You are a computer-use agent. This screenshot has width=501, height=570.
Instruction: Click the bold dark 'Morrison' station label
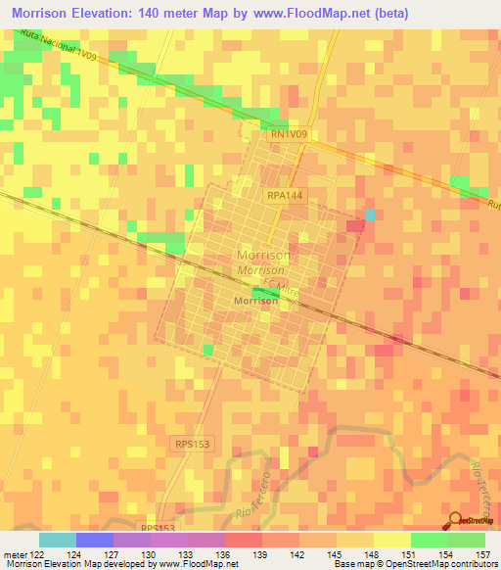coord(256,302)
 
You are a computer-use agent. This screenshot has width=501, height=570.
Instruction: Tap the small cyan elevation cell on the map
coord(369,214)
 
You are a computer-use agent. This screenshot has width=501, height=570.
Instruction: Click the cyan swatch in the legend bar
coord(57,540)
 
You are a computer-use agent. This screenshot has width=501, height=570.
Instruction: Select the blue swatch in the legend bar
coord(94,540)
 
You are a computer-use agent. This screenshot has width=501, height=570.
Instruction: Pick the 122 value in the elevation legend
coord(31,555)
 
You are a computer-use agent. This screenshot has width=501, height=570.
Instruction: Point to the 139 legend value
coord(260,555)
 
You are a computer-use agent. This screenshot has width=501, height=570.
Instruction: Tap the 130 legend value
coord(149,555)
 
